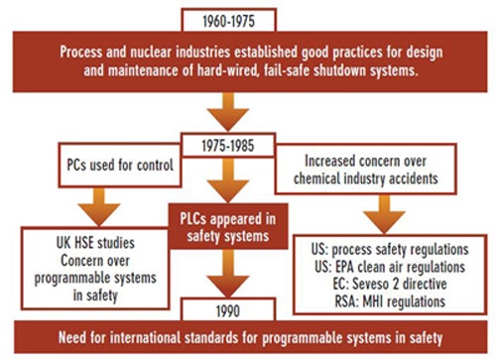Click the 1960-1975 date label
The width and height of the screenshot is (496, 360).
[x=229, y=22]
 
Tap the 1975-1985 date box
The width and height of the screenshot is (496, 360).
[x=228, y=145]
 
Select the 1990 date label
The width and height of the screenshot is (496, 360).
[x=228, y=311]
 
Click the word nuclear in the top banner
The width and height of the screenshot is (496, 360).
[x=151, y=52]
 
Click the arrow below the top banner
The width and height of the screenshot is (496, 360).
[x=228, y=112]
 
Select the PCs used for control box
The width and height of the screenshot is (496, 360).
[x=120, y=165]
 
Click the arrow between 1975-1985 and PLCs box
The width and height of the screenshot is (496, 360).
[x=228, y=180]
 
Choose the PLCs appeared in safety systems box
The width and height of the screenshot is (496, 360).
[x=228, y=226]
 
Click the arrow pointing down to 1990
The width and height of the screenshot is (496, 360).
[x=228, y=274]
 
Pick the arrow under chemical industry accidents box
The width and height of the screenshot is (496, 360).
[x=384, y=214]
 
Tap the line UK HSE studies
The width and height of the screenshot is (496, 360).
[x=95, y=243]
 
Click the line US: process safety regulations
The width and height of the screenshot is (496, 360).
[x=390, y=250]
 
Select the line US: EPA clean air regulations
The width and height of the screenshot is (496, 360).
[x=390, y=267]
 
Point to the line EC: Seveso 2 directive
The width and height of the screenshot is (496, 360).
[x=390, y=284]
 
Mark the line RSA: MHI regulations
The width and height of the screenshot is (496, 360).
[x=390, y=301]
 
